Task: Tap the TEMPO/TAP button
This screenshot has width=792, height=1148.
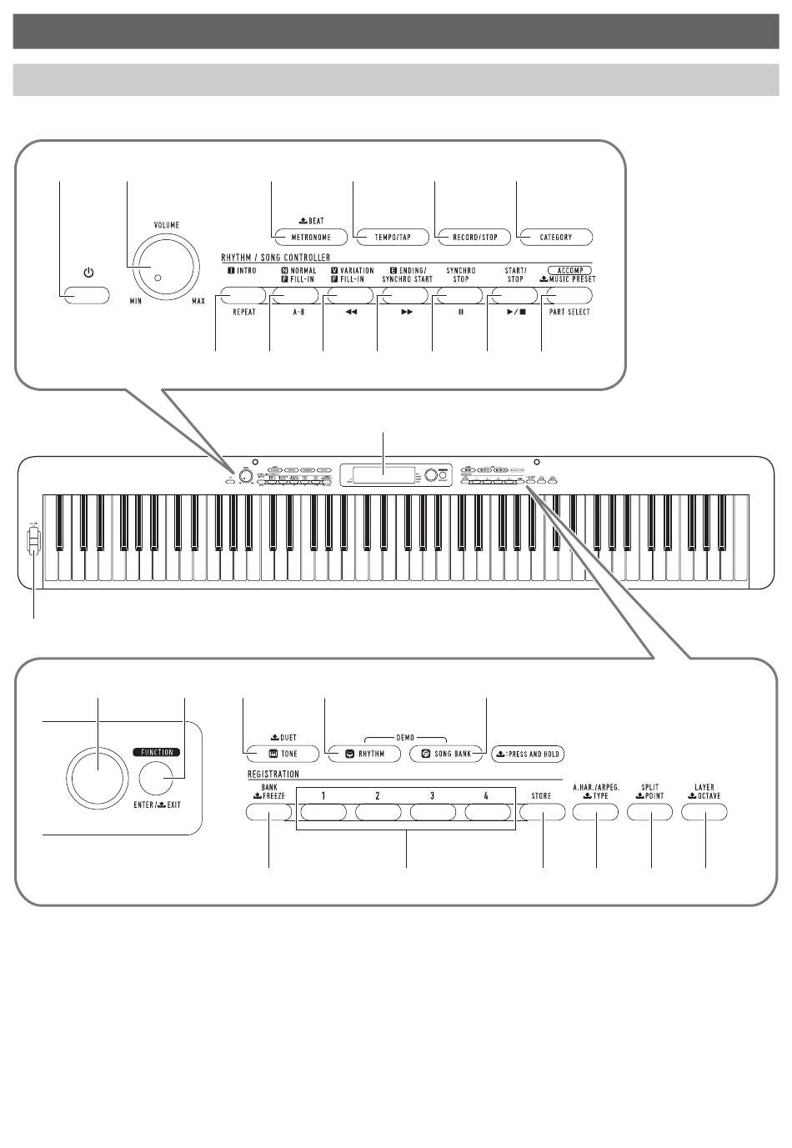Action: pyautogui.click(x=392, y=238)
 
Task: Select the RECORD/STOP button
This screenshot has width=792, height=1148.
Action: pyautogui.click(x=474, y=238)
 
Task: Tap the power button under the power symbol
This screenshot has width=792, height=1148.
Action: pyautogui.click(x=86, y=294)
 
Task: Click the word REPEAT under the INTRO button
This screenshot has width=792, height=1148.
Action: pyautogui.click(x=243, y=312)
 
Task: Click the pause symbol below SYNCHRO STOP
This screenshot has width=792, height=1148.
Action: pyautogui.click(x=460, y=312)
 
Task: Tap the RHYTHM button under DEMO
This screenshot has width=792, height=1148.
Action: pyautogui.click(x=364, y=754)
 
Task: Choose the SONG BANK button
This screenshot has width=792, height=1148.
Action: pyautogui.click(x=446, y=754)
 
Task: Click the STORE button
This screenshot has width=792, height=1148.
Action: pyautogui.click(x=542, y=812)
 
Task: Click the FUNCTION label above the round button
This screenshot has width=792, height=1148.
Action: pyautogui.click(x=157, y=752)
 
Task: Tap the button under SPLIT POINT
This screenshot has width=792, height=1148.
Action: pyautogui.click(x=650, y=812)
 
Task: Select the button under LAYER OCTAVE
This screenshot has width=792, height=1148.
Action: pyautogui.click(x=704, y=812)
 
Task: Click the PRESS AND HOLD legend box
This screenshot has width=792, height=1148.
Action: pyautogui.click(x=528, y=754)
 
